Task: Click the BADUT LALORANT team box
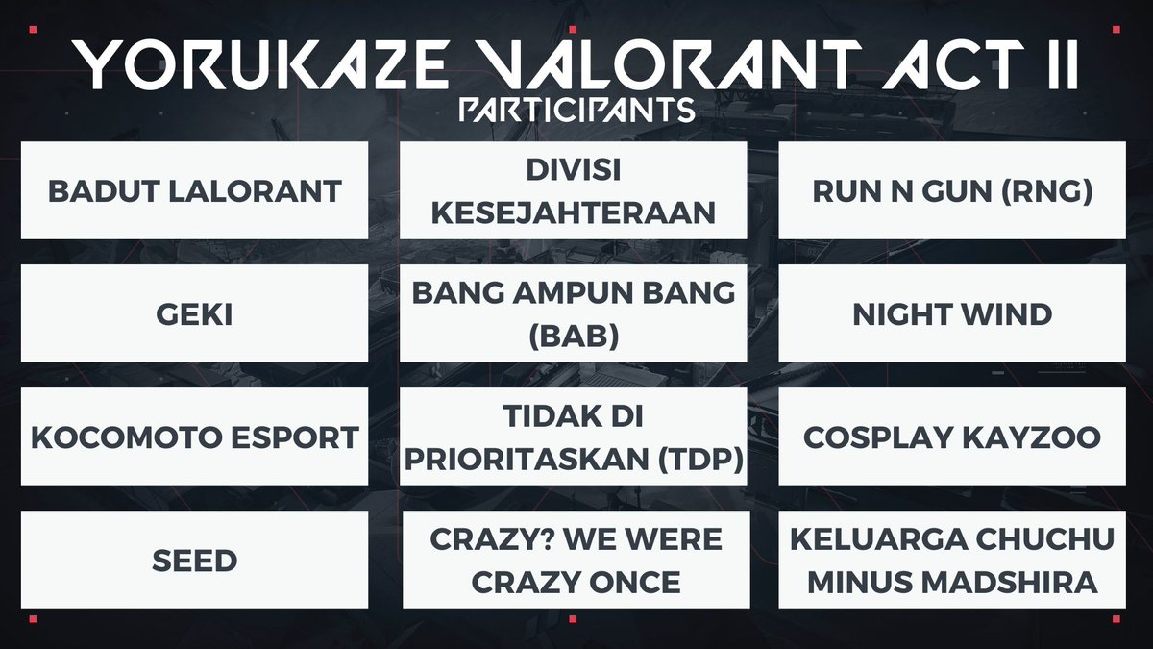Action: coord(194,190)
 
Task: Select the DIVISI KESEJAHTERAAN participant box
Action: coord(574,190)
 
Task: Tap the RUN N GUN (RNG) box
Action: coord(952,190)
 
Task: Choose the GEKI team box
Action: coord(194,313)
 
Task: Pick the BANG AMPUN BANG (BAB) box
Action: coord(574,313)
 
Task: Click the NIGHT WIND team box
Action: coord(952,313)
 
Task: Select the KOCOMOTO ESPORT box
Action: coord(194,437)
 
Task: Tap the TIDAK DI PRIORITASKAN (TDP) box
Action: coord(574,437)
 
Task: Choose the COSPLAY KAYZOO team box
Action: coord(952,437)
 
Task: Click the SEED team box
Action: coord(194,560)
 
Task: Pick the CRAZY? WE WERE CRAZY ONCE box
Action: coord(574,560)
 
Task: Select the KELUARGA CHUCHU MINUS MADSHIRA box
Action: coord(952,560)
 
